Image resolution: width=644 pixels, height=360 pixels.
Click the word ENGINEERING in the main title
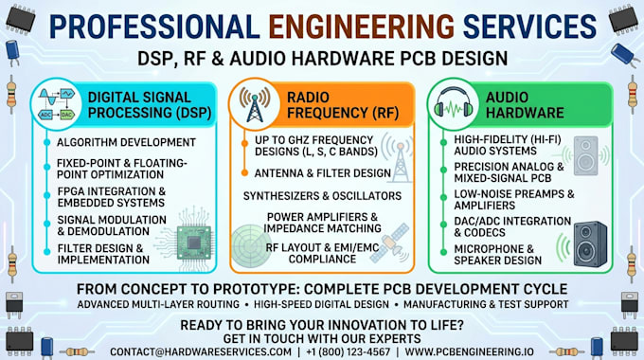click(x=362, y=27)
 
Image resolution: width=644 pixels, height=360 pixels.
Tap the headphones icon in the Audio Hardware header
click(x=454, y=102)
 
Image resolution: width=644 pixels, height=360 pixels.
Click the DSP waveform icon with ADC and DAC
click(x=57, y=103)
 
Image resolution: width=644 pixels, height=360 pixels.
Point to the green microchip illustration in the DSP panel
click(x=194, y=243)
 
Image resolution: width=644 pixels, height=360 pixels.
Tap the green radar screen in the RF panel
click(x=251, y=246)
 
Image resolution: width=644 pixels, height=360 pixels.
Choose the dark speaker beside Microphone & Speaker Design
click(x=590, y=244)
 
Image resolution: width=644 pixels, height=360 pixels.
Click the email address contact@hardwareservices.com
click(x=201, y=352)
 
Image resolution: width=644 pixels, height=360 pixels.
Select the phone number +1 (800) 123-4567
click(x=348, y=352)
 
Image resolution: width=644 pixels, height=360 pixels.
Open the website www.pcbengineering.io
click(x=469, y=352)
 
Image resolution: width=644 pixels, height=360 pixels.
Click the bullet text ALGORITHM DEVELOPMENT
click(x=126, y=143)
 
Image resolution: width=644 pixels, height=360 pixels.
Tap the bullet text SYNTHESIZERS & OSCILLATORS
click(x=322, y=196)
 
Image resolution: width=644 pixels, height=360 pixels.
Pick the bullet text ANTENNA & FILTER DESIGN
click(x=322, y=173)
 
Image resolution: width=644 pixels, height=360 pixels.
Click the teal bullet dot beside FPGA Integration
click(x=47, y=196)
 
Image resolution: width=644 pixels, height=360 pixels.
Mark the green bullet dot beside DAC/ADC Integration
click(x=443, y=225)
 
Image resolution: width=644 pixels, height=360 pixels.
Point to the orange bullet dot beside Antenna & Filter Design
click(x=244, y=173)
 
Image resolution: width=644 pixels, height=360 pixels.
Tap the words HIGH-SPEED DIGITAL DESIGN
click(x=321, y=304)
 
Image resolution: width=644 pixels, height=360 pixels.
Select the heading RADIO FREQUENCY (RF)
click(x=343, y=105)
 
